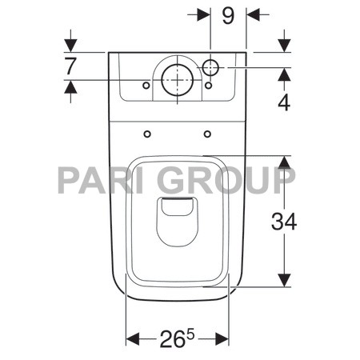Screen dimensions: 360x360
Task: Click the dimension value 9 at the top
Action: pos(228,16)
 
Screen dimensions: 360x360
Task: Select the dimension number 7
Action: pos(70,66)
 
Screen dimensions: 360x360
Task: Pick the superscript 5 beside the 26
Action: pos(190,334)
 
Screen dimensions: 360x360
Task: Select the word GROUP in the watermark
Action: pos(226,181)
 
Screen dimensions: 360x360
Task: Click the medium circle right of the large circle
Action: pos(212,68)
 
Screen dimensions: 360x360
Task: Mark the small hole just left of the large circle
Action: pos(146,85)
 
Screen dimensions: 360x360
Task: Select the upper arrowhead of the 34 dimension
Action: pos(284,163)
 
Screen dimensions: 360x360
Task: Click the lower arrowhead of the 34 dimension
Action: pos(284,279)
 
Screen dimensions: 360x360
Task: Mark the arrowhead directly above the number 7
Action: pos(70,45)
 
